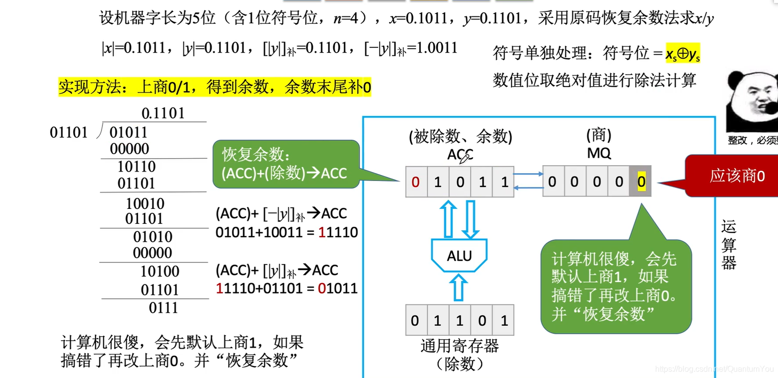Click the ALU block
point(459,256)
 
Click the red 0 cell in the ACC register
point(416,182)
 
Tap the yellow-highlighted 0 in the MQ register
point(641,182)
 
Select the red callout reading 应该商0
point(736,176)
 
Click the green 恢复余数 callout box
point(286,164)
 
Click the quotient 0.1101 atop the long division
point(163,113)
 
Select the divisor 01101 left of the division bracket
point(69,133)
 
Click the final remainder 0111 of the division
point(163,308)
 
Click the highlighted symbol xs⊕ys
point(682,54)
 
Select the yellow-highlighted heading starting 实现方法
point(214,88)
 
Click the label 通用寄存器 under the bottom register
point(459,346)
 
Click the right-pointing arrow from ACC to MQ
point(528,174)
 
